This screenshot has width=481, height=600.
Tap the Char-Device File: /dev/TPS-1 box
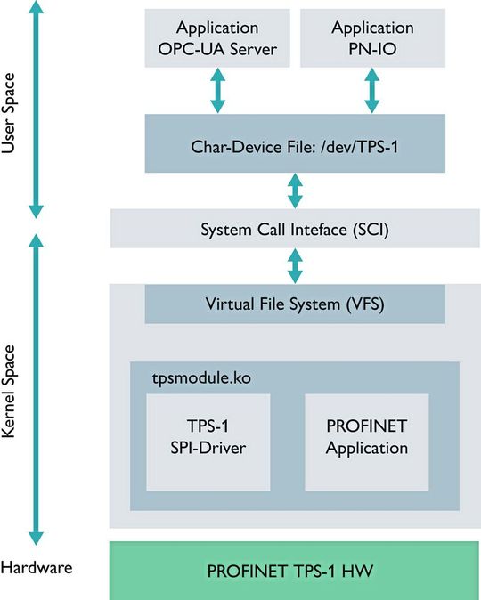click(295, 143)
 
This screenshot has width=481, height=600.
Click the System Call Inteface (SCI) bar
click(295, 229)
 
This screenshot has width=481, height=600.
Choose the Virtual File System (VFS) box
click(295, 304)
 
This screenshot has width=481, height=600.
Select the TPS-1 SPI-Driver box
click(208, 441)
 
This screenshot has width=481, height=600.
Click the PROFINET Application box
click(367, 441)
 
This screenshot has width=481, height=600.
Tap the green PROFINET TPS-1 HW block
click(295, 570)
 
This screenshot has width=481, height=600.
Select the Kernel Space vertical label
click(11, 392)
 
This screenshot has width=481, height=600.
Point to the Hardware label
click(37, 567)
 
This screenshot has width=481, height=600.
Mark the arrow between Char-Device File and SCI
click(295, 191)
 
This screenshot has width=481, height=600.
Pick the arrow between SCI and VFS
click(295, 266)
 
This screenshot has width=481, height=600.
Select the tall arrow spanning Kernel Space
click(37, 389)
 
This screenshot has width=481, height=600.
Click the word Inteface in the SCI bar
click(300, 229)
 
